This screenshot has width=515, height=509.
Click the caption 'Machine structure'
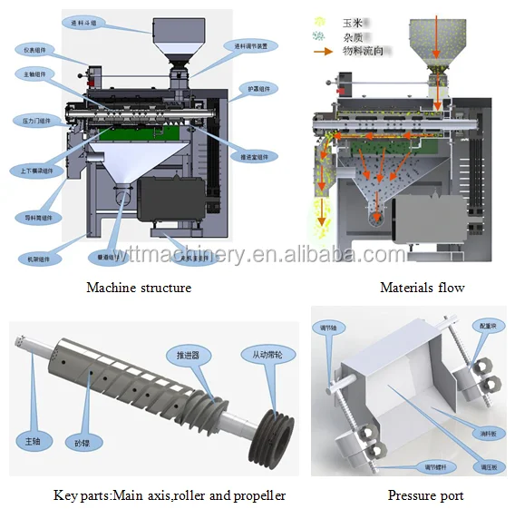pos(138,288)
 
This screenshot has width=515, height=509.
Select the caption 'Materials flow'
pos(422,288)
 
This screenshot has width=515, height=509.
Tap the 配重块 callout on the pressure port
pos(488,325)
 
